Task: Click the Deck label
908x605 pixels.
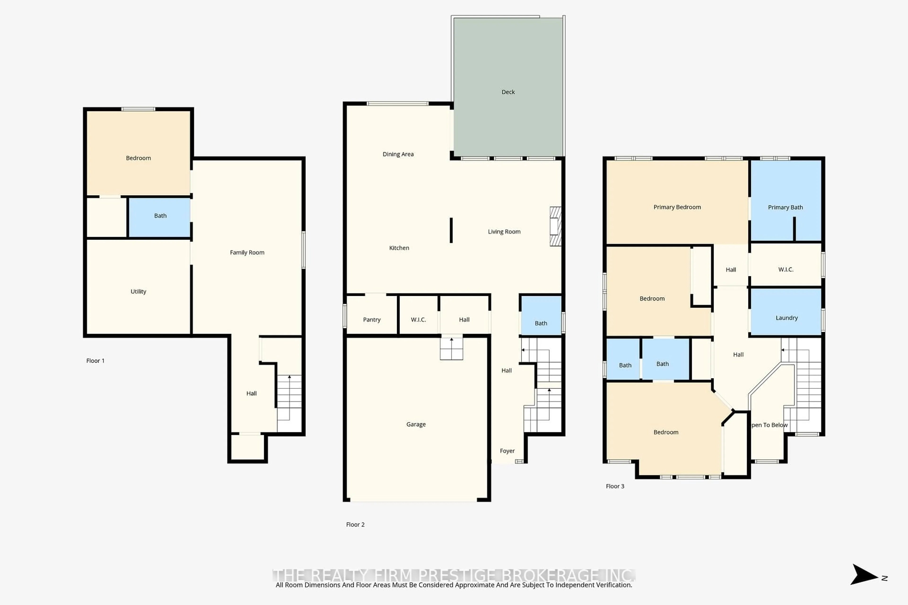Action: click(x=508, y=92)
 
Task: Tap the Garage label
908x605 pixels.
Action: click(x=416, y=424)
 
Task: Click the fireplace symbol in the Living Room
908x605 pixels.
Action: click(x=555, y=226)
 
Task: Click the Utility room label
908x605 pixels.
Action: click(x=138, y=291)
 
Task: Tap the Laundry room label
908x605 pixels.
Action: click(x=786, y=318)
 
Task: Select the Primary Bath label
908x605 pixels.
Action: click(x=785, y=207)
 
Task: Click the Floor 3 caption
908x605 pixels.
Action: click(x=615, y=486)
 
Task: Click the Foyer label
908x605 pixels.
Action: click(x=507, y=451)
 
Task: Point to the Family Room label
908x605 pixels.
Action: click(x=247, y=252)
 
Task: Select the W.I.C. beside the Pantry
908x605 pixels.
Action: click(x=418, y=320)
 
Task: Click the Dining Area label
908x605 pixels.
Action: click(x=398, y=154)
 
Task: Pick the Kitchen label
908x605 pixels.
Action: click(x=399, y=248)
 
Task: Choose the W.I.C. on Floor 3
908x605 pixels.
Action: click(x=786, y=269)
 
